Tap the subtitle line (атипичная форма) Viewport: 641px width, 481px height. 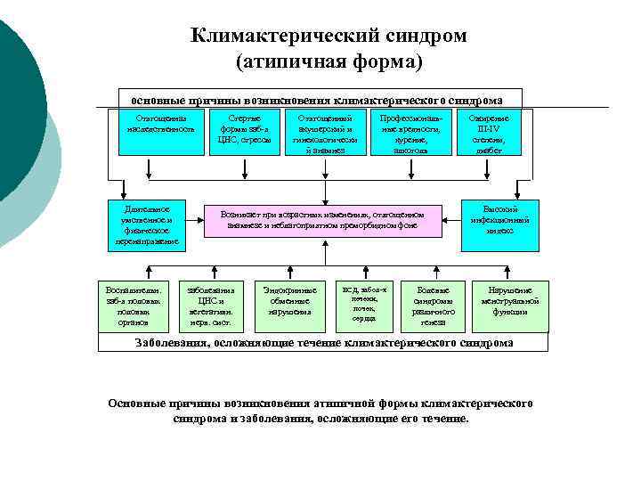click(x=329, y=63)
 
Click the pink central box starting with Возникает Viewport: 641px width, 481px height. click(x=323, y=219)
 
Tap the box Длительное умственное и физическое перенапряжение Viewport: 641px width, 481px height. click(x=147, y=224)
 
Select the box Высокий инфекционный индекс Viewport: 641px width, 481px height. click(x=499, y=219)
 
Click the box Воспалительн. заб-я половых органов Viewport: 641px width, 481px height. click(x=134, y=306)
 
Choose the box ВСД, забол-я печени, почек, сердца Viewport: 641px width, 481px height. click(x=364, y=305)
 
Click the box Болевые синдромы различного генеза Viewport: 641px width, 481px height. click(x=434, y=306)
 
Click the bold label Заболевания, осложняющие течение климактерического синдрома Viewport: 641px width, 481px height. click(x=323, y=343)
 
